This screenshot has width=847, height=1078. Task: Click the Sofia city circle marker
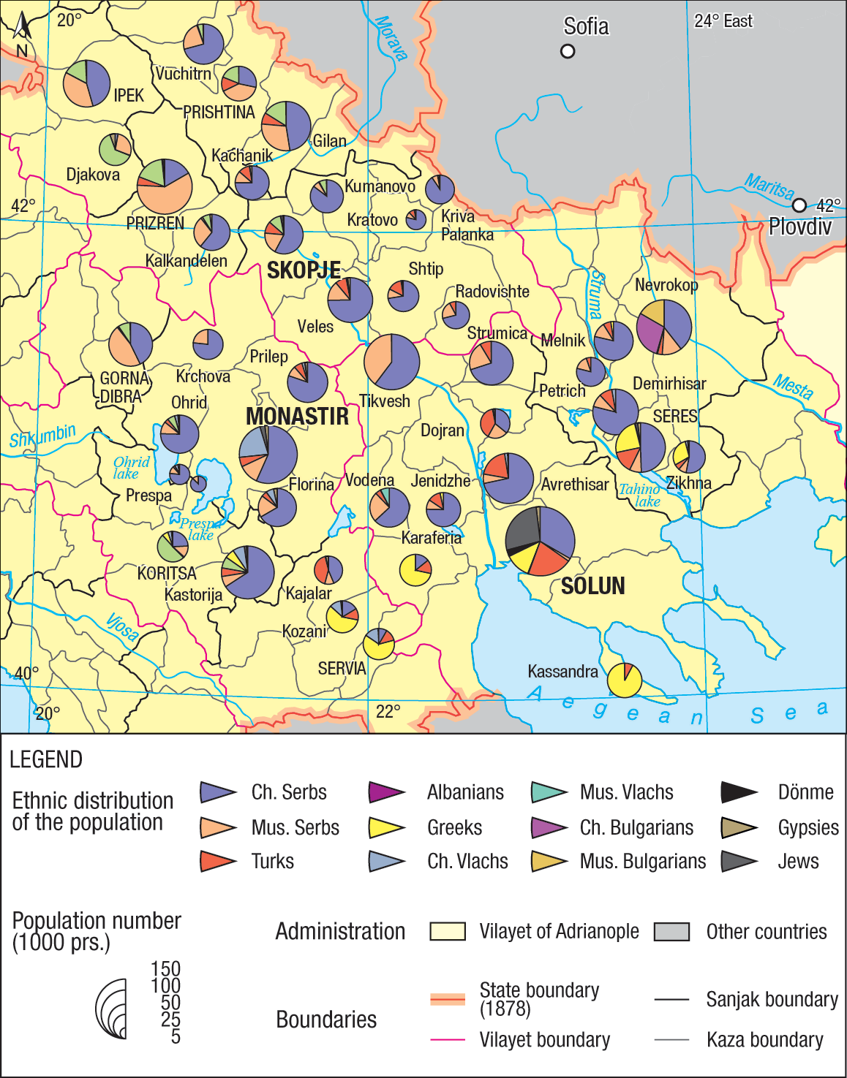(x=568, y=51)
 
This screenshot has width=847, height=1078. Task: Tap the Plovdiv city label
(x=799, y=227)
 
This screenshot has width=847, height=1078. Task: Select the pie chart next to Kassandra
(x=625, y=680)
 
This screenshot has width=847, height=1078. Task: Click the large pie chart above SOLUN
(x=541, y=542)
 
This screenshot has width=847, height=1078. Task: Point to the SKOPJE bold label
(x=304, y=270)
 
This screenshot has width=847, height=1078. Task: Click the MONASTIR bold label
(x=297, y=417)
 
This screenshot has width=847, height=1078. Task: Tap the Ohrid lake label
(x=131, y=468)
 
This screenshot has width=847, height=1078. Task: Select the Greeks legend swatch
(x=386, y=827)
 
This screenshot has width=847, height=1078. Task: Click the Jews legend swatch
(x=738, y=862)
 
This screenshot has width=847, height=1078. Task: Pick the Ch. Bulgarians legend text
(x=636, y=827)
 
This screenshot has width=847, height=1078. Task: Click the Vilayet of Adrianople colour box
(x=448, y=931)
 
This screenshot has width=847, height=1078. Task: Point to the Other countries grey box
(x=671, y=931)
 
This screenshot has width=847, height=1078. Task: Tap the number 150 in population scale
(x=165, y=969)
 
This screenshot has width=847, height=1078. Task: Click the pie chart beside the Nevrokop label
(x=664, y=327)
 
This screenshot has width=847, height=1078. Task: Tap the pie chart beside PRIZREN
(x=165, y=186)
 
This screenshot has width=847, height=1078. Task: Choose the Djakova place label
(x=93, y=175)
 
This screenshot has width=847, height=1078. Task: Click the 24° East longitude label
(x=723, y=21)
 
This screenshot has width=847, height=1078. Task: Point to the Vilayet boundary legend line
(x=448, y=1039)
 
